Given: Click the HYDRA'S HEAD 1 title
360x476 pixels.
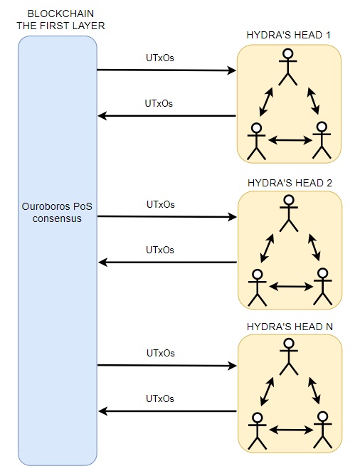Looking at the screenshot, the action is (288, 35).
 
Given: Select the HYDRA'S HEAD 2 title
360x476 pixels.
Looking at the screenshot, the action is (290, 183).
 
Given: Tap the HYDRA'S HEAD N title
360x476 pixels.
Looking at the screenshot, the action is (290, 327).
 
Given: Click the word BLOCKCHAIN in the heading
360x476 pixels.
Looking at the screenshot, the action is (60, 14).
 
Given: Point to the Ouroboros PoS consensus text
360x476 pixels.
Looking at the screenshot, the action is (57, 213).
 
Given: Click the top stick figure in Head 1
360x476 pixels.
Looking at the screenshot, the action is (287, 67).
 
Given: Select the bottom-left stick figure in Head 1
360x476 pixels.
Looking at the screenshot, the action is (257, 141).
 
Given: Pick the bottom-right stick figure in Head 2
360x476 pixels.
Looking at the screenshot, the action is (323, 287).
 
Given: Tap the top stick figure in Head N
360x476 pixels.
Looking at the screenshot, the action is (289, 356).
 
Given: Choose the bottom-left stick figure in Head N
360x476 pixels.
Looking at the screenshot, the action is (258, 431).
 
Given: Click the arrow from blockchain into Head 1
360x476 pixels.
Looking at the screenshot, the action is (166, 70).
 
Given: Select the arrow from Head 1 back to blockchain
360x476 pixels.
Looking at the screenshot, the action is (167, 116).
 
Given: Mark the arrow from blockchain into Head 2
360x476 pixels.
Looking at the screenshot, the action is (167, 217).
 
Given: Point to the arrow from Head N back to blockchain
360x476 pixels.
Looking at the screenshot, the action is (168, 411).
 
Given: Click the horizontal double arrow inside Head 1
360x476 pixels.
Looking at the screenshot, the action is (290, 140).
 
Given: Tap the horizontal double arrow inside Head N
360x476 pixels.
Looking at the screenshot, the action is (291, 430).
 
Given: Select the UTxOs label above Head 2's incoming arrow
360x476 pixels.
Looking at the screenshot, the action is (161, 205).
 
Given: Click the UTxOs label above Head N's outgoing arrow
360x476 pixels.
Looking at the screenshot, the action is (160, 398).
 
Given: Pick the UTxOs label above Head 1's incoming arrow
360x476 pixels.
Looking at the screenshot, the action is (160, 58).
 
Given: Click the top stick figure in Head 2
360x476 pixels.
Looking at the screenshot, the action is (289, 213).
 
